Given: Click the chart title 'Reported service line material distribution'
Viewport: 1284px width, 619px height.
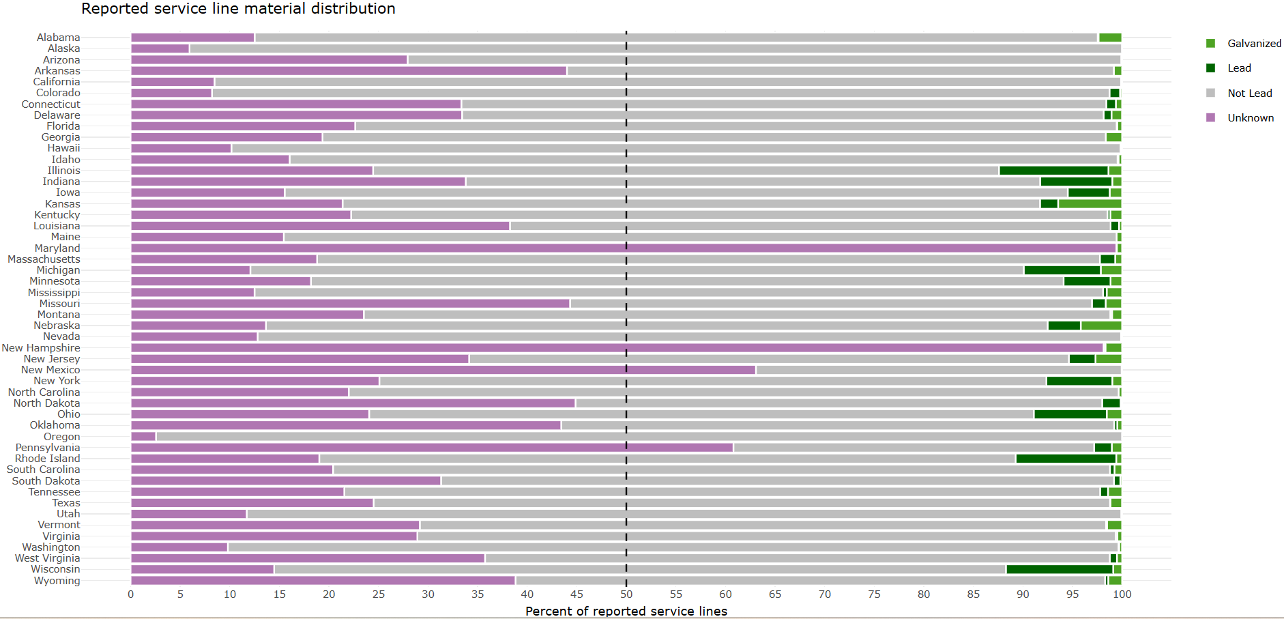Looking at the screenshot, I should [x=238, y=9].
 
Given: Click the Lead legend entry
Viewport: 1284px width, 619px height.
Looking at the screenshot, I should [x=1238, y=68].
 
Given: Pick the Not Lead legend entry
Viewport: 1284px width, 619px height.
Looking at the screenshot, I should [x=1249, y=93].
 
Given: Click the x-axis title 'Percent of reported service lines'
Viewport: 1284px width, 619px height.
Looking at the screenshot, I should [x=626, y=611].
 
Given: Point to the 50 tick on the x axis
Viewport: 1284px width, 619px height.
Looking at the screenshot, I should [x=626, y=594].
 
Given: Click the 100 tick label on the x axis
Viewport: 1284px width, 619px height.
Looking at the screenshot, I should [x=1122, y=594].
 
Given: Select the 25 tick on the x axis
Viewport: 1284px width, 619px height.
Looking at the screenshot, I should [x=379, y=594].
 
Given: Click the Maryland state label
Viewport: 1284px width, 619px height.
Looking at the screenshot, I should [x=57, y=248].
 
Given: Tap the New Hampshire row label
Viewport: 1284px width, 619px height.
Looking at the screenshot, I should [x=41, y=348].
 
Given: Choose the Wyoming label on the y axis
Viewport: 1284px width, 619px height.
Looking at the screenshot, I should [x=57, y=581].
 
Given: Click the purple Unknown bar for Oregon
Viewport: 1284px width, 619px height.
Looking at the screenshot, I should [x=143, y=437].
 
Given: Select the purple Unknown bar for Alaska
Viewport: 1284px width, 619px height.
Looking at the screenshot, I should [x=160, y=48].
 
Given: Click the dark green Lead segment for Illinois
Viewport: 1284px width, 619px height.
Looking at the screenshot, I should [x=1053, y=171].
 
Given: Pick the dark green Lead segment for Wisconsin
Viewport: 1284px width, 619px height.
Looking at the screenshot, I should [x=1059, y=569].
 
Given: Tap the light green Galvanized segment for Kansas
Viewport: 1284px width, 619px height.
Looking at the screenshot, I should [x=1090, y=204].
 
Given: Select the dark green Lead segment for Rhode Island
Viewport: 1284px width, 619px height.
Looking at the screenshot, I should [x=1066, y=459].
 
